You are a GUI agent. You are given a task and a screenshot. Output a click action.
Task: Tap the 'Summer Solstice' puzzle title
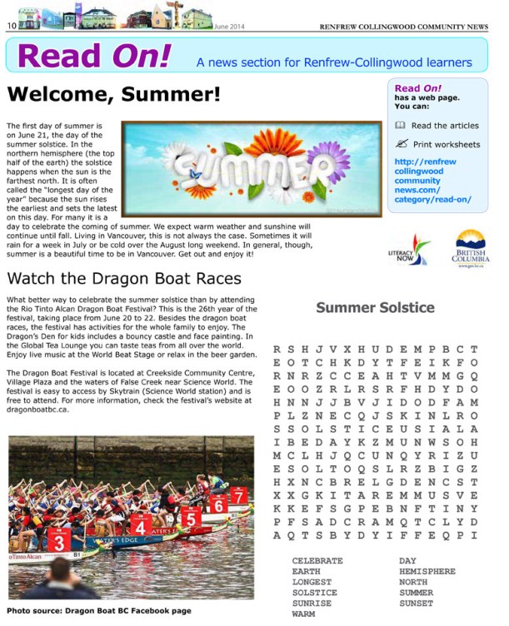click(x=375, y=308)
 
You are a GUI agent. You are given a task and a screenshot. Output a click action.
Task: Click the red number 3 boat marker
click(x=58, y=543)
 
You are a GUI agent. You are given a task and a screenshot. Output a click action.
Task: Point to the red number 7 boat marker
click(x=239, y=497)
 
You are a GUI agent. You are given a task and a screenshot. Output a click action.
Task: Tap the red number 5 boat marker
click(x=190, y=519)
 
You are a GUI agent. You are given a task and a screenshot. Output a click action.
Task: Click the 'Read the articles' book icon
click(x=400, y=126)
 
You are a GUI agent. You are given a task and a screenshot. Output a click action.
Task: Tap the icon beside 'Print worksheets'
click(x=400, y=144)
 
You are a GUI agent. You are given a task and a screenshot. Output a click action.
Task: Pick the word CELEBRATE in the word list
click(x=317, y=561)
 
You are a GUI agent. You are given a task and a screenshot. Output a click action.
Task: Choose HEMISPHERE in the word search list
click(x=427, y=572)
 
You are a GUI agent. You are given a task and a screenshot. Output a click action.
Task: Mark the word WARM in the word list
click(x=304, y=614)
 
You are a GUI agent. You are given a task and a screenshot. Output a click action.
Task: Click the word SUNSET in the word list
click(x=416, y=603)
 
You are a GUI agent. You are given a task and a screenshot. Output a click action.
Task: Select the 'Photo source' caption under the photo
click(x=99, y=611)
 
